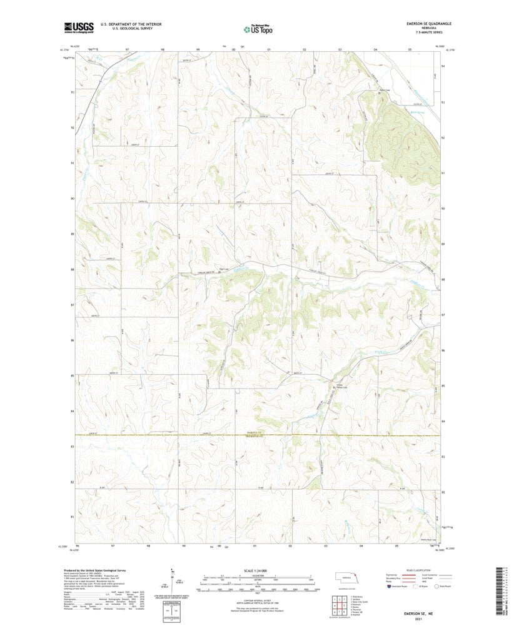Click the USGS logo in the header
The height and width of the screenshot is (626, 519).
[x=78, y=27]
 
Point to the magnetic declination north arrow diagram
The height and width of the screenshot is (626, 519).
[x=172, y=578]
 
